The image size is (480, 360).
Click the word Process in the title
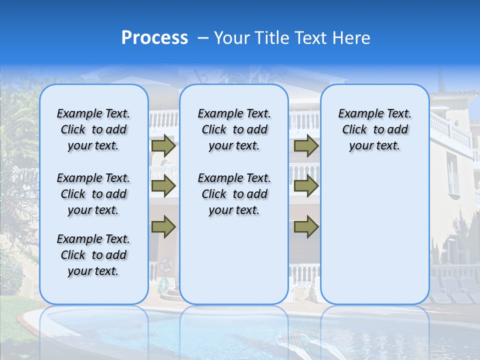pos(154,38)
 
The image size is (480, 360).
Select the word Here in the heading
pos(351,38)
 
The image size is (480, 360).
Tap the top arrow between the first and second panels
pos(163,146)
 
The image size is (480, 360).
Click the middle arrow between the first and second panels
pos(163,186)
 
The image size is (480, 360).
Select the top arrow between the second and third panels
pos(306,146)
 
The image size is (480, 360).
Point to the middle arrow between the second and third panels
pos(306,186)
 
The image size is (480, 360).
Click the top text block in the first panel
pos(93,129)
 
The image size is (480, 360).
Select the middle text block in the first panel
pos(93,194)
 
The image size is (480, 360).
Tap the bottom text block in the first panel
pos(93,255)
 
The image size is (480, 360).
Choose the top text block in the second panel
pos(234,129)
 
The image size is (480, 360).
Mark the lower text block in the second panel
pos(234,194)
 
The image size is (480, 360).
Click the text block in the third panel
pos(374,129)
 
